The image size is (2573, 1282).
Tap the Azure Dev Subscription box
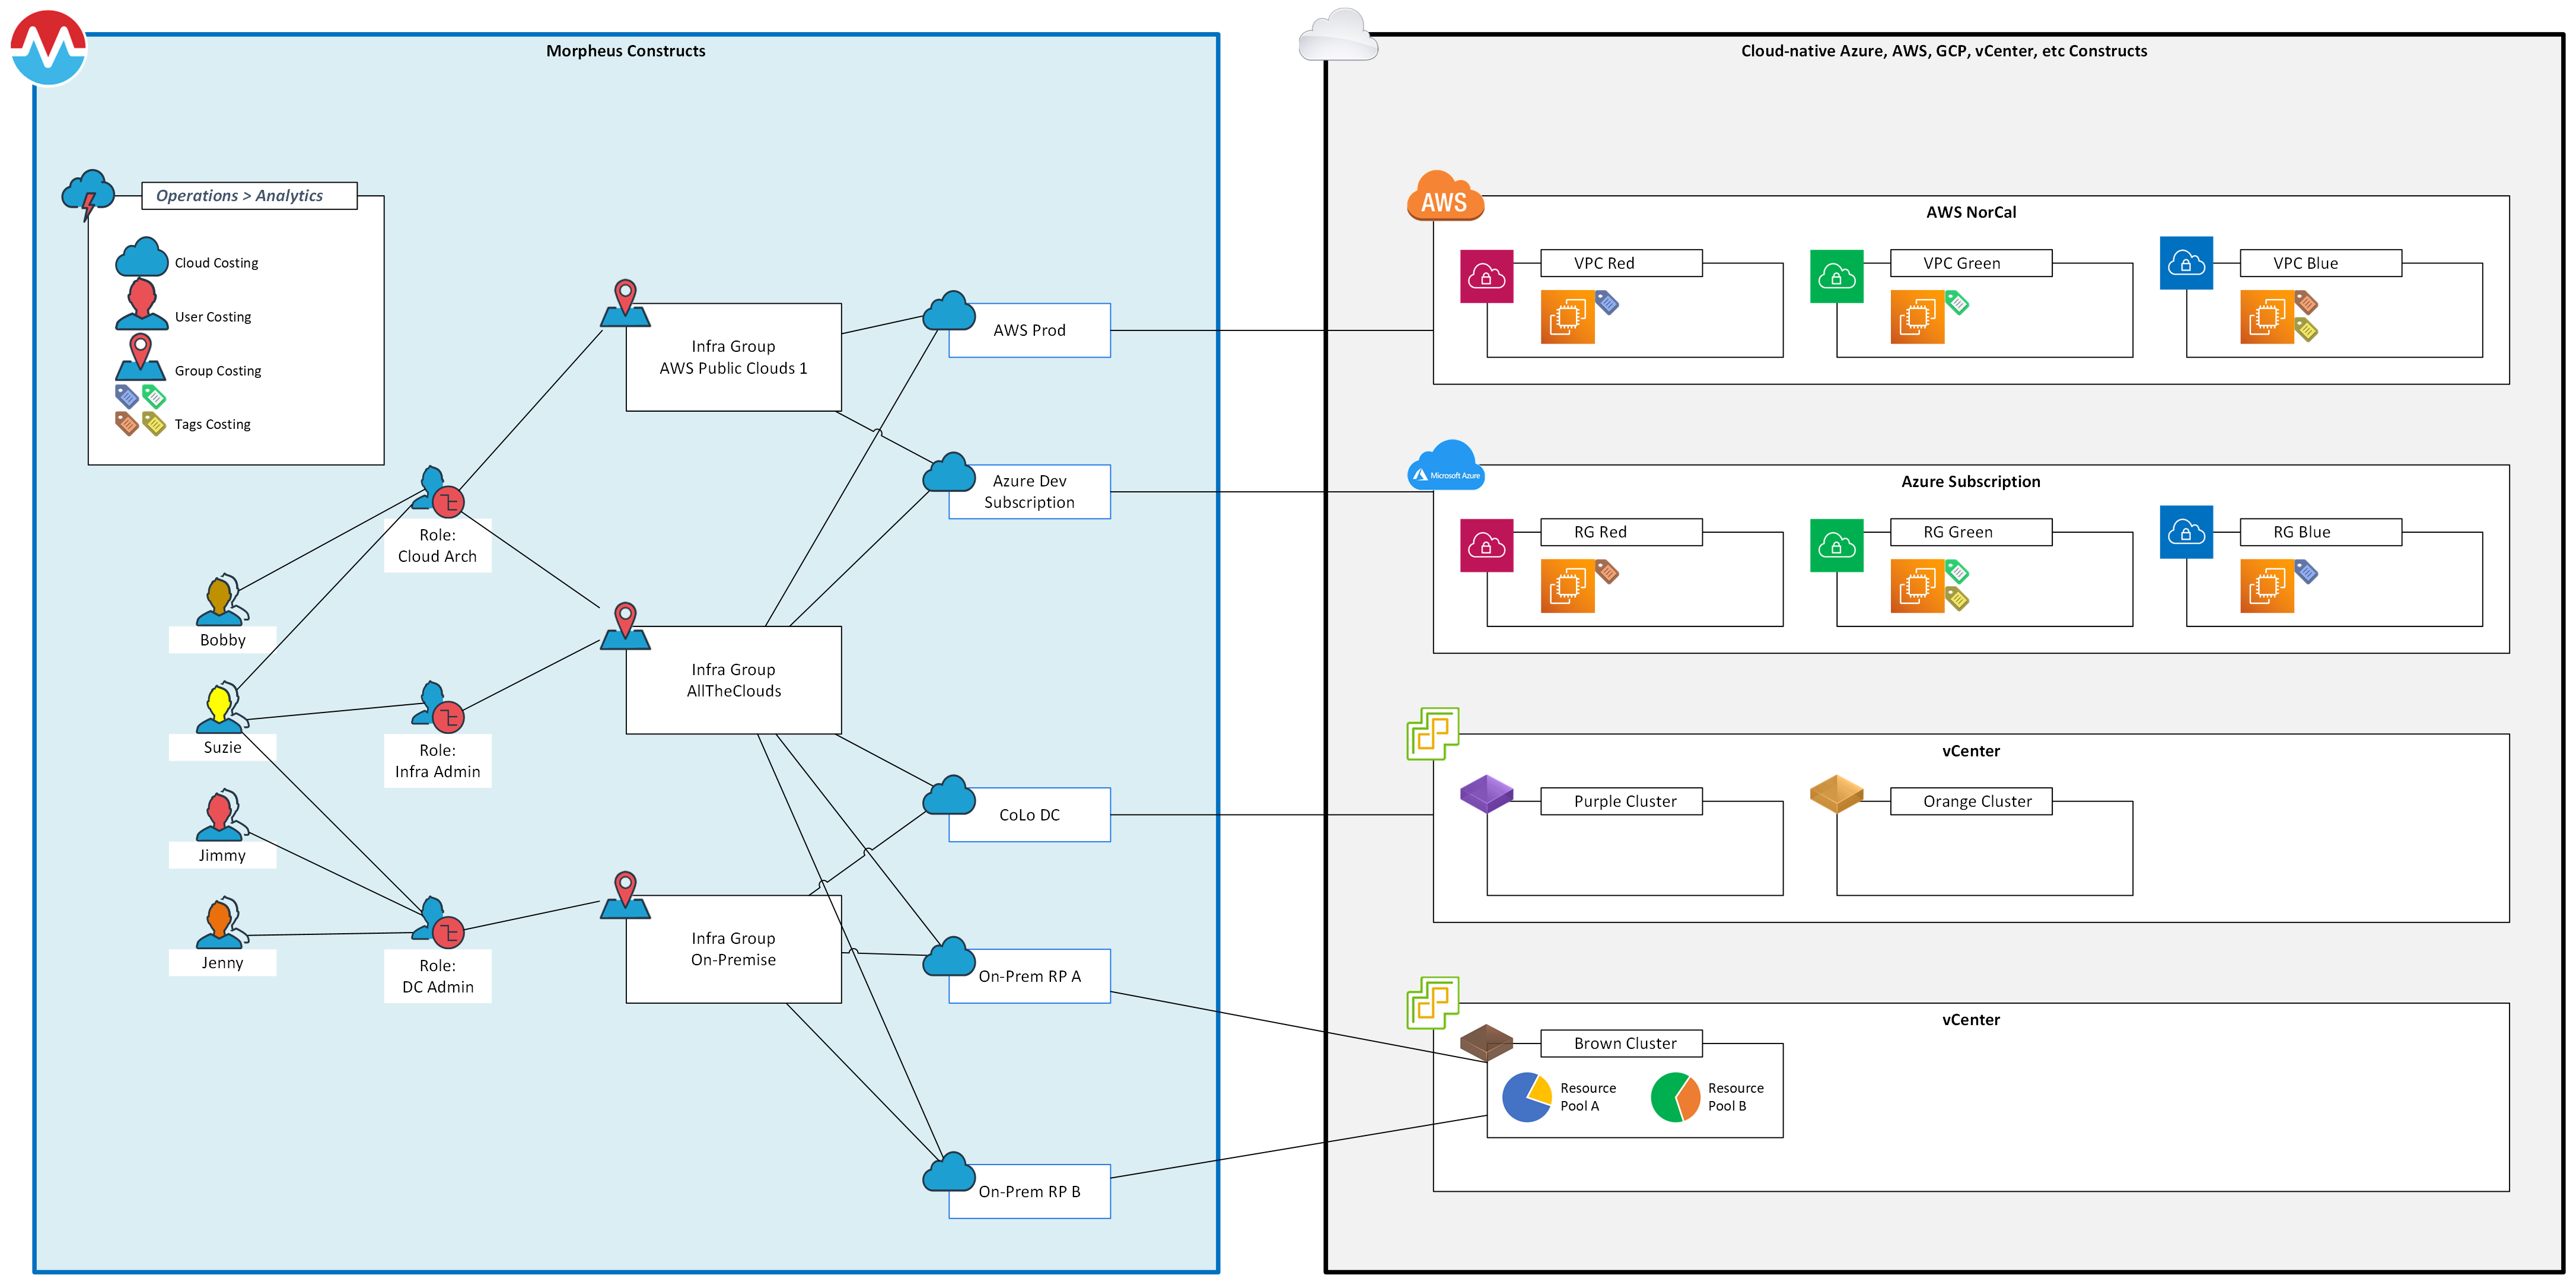[x=1029, y=492]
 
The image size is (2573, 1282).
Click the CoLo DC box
[x=1029, y=815]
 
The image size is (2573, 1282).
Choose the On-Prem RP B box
[x=1029, y=1191]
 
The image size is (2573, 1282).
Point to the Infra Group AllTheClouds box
[x=733, y=680]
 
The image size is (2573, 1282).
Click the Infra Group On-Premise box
[x=733, y=949]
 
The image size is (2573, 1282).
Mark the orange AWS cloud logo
[x=1444, y=197]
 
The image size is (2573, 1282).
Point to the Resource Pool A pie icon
[x=1526, y=1097]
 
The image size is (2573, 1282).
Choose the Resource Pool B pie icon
[x=1675, y=1097]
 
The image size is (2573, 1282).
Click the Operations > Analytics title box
[x=249, y=196]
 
